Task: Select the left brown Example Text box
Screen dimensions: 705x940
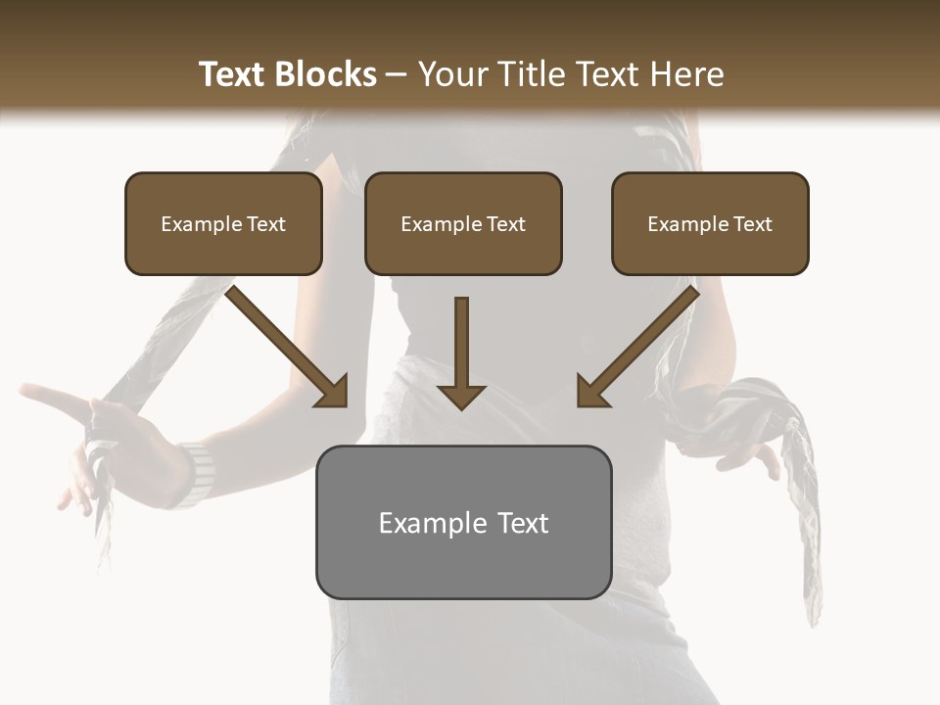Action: [x=223, y=223]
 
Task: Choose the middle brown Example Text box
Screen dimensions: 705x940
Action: [x=463, y=223]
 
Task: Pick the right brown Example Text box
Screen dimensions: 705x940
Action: [x=710, y=223]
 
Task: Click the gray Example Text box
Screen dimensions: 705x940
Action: [x=463, y=522]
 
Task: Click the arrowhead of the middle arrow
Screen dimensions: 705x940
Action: [x=461, y=396]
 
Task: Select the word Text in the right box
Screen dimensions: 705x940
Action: [x=752, y=223]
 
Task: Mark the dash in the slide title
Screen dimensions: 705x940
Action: [x=397, y=74]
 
